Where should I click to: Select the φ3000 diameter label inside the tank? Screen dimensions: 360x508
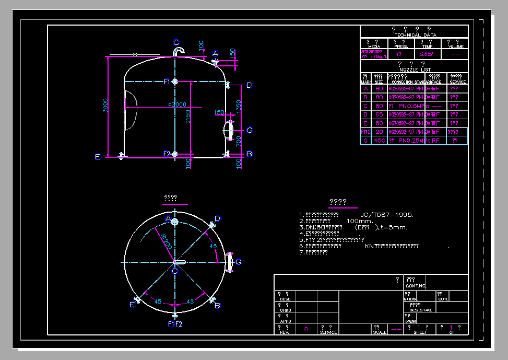pos(177,104)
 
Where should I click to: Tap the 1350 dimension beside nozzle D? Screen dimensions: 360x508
pos(239,109)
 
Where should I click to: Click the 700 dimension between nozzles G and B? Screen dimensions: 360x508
pos(239,141)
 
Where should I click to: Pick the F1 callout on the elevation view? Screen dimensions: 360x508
pos(167,82)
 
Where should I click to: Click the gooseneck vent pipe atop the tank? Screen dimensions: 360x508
pos(179,51)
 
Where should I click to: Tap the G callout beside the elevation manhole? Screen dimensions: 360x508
pos(250,130)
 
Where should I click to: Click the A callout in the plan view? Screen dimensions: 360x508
pos(168,218)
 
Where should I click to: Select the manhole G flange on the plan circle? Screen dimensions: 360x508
pos(229,262)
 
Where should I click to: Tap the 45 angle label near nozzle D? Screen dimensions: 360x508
pos(213,246)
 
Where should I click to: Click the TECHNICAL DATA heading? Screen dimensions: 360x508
pos(415,34)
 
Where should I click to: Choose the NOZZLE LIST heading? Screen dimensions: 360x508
pos(415,69)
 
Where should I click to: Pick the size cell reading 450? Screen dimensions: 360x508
pos(380,141)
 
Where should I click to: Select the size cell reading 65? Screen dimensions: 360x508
pos(380,114)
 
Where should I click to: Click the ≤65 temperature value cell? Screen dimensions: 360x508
pos(427,53)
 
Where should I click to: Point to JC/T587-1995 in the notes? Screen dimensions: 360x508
pos(387,215)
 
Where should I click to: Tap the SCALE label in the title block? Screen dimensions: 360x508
pos(380,332)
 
